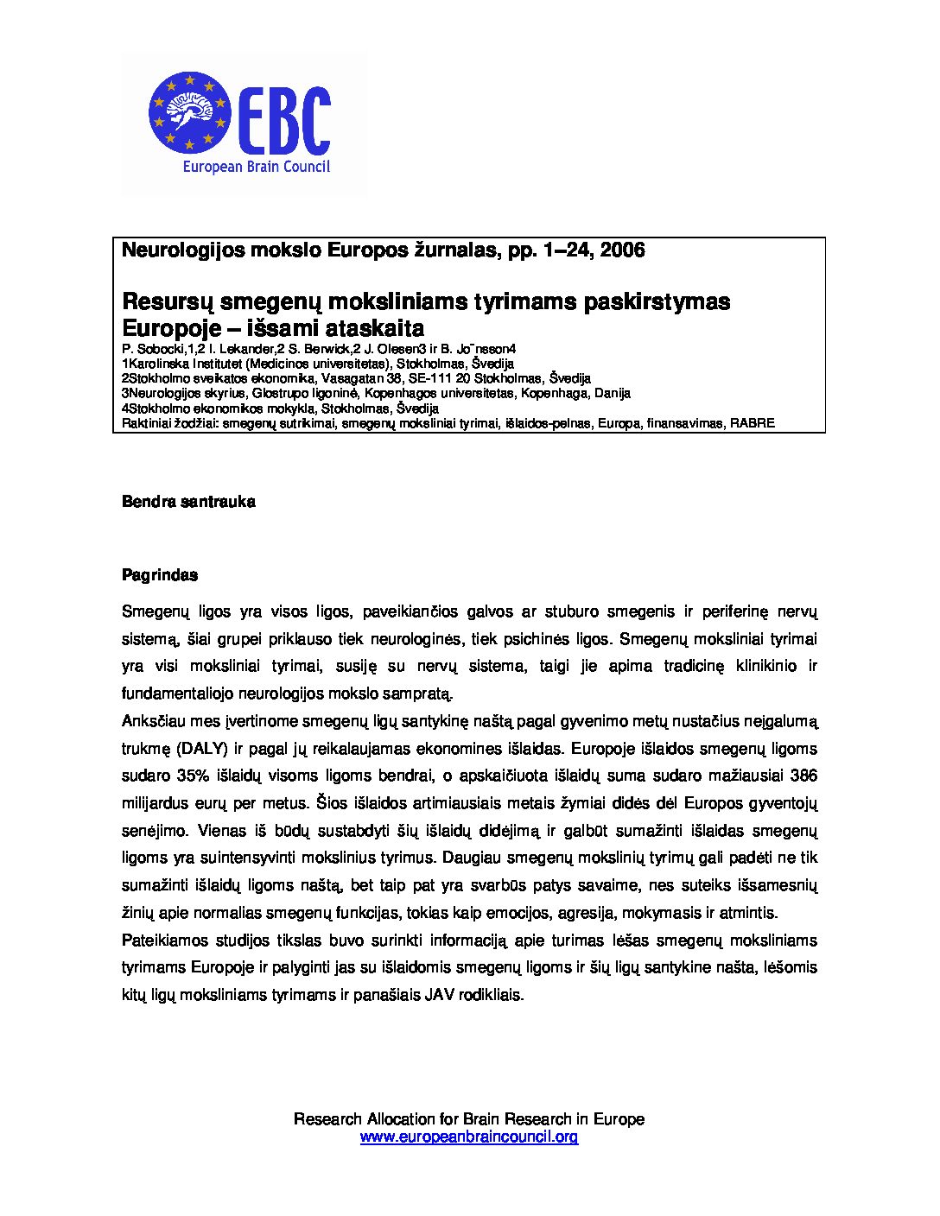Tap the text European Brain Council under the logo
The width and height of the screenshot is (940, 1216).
[255, 168]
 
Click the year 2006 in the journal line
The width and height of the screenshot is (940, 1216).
[622, 250]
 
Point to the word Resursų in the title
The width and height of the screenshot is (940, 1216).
[168, 302]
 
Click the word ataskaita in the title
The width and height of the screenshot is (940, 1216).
[381, 328]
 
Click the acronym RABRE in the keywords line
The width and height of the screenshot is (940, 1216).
[753, 423]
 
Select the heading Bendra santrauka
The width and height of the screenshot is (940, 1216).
[188, 502]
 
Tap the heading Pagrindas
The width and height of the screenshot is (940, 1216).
[160, 574]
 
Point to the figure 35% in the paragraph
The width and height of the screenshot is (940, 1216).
[191, 776]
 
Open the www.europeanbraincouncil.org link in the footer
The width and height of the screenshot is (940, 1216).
[469, 1137]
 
